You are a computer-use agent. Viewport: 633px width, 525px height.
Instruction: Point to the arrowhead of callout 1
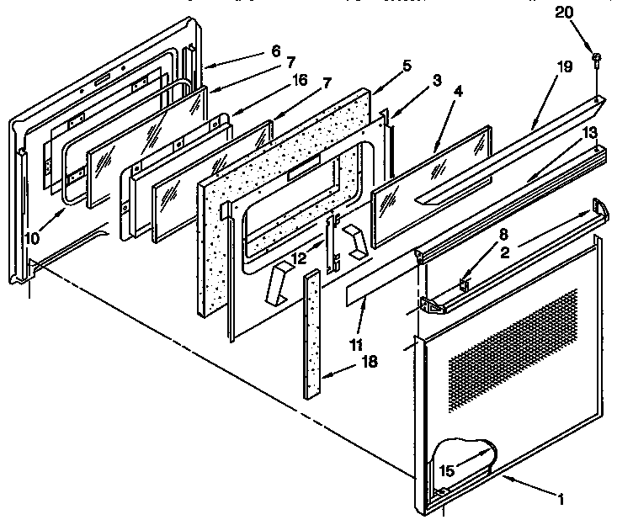[x=504, y=478]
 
